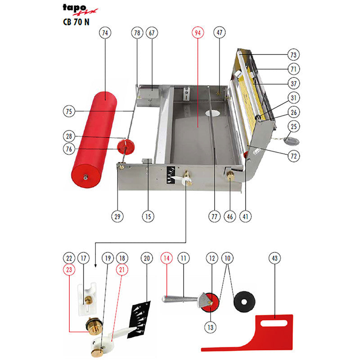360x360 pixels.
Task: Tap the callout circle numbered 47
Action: (219, 33)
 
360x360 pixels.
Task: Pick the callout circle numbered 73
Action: (294, 55)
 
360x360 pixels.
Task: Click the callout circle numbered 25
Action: (294, 126)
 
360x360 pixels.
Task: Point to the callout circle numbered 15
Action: (148, 216)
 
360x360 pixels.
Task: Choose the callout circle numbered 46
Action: (230, 216)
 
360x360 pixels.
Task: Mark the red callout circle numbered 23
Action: (68, 270)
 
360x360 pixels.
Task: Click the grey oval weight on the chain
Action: (291, 141)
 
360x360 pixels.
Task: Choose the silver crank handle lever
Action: (180, 299)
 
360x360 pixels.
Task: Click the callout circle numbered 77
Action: (214, 216)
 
